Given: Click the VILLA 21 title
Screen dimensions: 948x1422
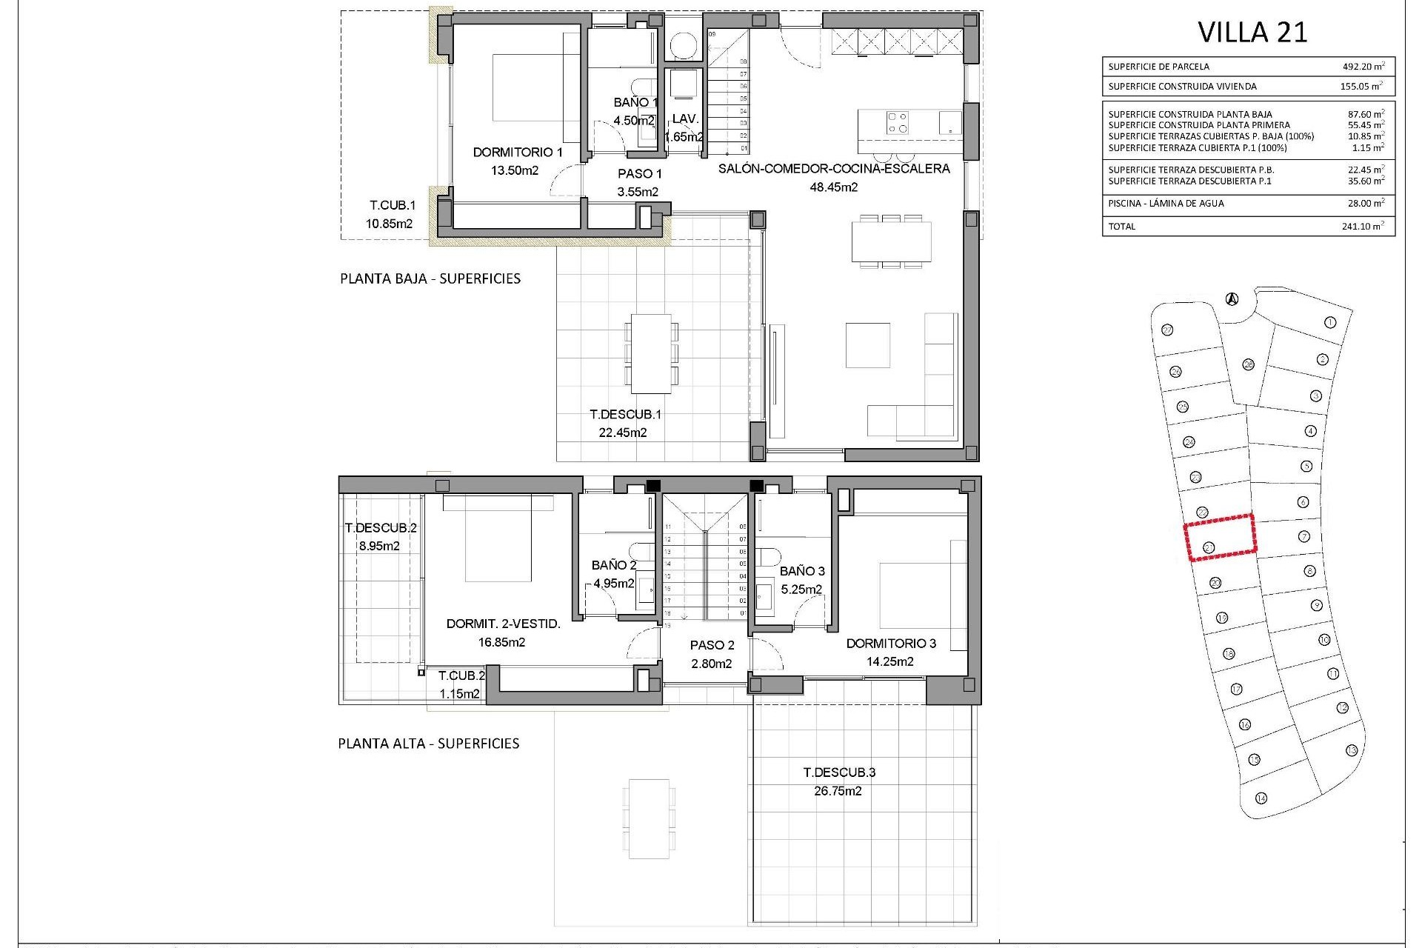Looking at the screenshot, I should coord(1252,33).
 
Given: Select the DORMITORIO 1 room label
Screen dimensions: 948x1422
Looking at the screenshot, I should coord(518,153).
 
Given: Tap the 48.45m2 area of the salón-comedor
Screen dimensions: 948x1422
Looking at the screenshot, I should coord(833,187).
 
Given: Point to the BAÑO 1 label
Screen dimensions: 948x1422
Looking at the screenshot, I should coord(635,103).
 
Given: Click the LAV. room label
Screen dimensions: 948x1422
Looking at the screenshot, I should coord(685,118).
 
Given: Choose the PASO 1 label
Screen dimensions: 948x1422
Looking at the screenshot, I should coord(639,174).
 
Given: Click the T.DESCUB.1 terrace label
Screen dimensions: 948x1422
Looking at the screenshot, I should coord(624,415).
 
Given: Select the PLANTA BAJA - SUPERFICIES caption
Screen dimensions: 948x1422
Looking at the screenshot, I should coord(430,279).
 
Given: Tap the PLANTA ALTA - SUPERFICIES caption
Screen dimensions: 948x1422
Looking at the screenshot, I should coord(428,744).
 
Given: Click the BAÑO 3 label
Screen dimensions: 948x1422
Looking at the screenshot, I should coord(802,571).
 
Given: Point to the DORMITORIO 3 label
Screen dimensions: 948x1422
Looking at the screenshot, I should coord(891,644).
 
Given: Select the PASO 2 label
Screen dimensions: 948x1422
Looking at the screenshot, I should coord(712,646).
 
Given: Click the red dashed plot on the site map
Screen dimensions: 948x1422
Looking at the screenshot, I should coord(1221,537).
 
